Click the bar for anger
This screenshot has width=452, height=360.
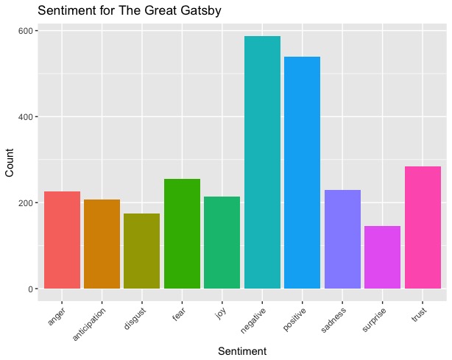pyautogui.click(x=62, y=240)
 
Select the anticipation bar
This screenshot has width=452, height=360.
pyautogui.click(x=102, y=244)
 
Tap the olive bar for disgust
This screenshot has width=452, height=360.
pyautogui.click(x=142, y=251)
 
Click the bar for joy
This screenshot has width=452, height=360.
pyautogui.click(x=222, y=242)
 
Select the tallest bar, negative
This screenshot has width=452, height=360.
pyautogui.click(x=262, y=162)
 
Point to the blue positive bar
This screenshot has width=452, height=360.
pyautogui.click(x=302, y=172)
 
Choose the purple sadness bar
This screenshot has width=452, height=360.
pyautogui.click(x=342, y=239)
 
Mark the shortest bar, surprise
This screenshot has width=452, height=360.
pyautogui.click(x=382, y=257)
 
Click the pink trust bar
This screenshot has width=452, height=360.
pyautogui.click(x=423, y=227)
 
